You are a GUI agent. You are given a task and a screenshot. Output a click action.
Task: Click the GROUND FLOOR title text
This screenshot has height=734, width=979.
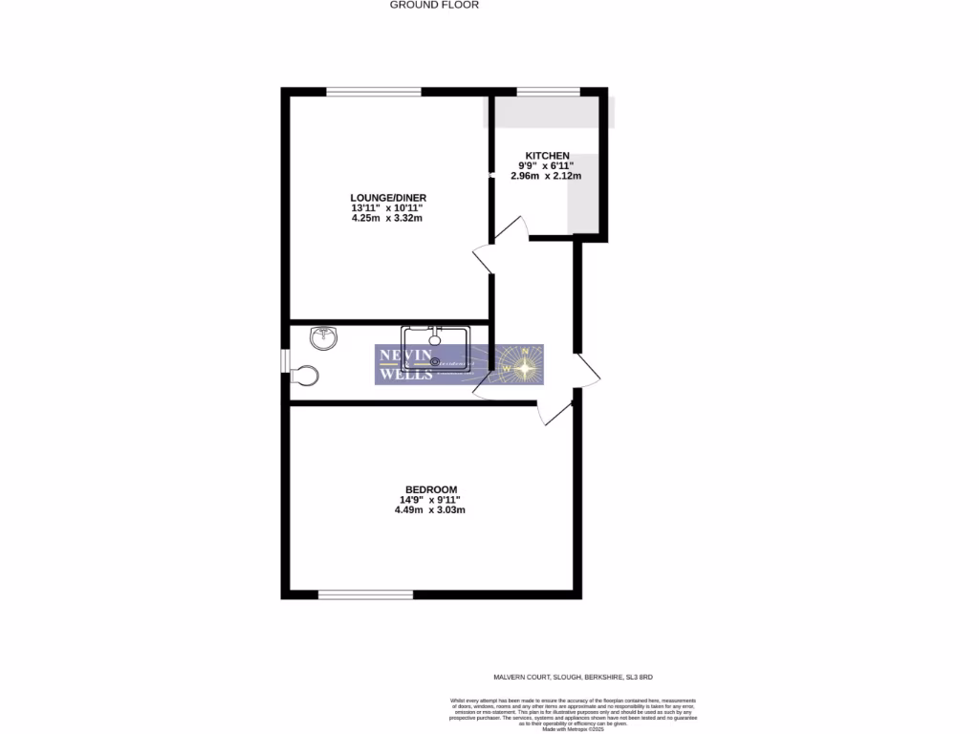tap(434, 5)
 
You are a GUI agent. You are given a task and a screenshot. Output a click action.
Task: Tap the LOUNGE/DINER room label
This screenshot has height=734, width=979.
tap(381, 198)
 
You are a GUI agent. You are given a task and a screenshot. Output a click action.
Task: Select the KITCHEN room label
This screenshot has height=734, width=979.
tap(547, 156)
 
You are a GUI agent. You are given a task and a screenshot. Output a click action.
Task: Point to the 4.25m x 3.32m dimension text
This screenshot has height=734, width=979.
tap(387, 219)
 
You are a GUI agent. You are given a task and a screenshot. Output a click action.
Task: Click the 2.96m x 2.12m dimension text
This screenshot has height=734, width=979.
tap(547, 176)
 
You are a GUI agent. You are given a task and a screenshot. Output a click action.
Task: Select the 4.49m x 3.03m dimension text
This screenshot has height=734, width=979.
tap(430, 510)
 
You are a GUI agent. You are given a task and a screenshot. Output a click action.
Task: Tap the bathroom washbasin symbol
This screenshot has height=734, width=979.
tap(324, 336)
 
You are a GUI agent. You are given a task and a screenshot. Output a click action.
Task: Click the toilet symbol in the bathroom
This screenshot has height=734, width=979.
tap(306, 375)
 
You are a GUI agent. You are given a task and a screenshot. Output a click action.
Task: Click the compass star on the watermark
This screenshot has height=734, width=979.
tap(525, 364)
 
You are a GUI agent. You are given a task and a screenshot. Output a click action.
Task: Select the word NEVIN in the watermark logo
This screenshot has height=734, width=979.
tap(400, 356)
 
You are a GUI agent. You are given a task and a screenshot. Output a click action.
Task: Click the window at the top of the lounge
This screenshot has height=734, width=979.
tap(374, 92)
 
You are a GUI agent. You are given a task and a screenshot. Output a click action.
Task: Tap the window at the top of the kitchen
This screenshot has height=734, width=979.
tap(548, 92)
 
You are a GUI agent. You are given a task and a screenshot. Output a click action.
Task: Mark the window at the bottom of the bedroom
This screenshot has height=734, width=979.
tap(365, 594)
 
